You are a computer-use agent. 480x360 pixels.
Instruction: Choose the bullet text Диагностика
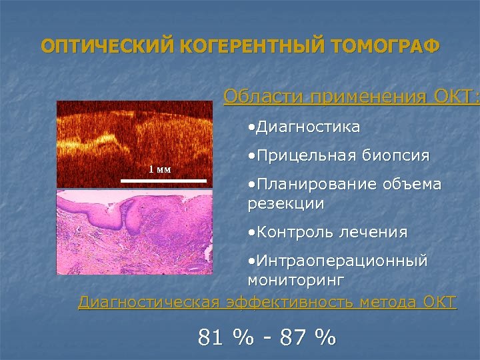pos(307,127)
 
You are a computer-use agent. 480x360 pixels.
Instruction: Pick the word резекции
pos(285,203)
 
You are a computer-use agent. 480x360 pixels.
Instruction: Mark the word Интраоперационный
pos(341,261)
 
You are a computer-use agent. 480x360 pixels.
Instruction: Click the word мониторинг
pos(291,280)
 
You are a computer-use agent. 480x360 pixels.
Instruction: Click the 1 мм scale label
pos(159,169)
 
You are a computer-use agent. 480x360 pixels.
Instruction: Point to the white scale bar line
pos(164,180)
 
